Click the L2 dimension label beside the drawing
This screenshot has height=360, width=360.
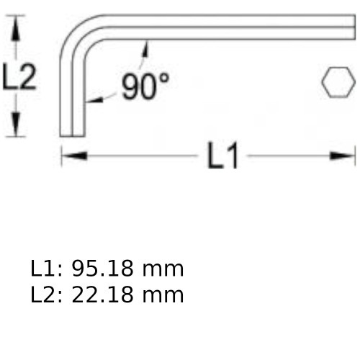point(19,77)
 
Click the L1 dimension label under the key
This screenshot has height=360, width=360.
point(223,156)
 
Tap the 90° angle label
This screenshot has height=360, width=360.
point(145,86)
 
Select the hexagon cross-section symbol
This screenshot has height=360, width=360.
point(338,82)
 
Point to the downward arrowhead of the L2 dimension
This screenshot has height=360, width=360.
point(16,125)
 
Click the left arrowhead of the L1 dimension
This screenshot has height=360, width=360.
point(74,156)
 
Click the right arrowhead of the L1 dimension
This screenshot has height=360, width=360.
point(342,156)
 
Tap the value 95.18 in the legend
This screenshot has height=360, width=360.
point(102,269)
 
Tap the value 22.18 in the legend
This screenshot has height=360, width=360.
point(102,294)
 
